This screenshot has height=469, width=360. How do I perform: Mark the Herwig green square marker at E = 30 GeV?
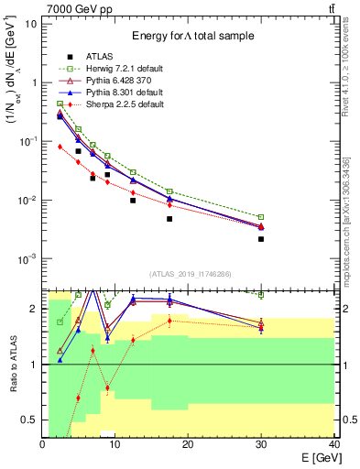point(261,217)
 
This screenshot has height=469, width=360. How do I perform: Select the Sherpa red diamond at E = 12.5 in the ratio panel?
point(134,340)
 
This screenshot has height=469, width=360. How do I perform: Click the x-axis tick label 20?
point(188,444)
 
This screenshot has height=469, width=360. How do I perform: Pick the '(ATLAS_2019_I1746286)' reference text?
point(190,274)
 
